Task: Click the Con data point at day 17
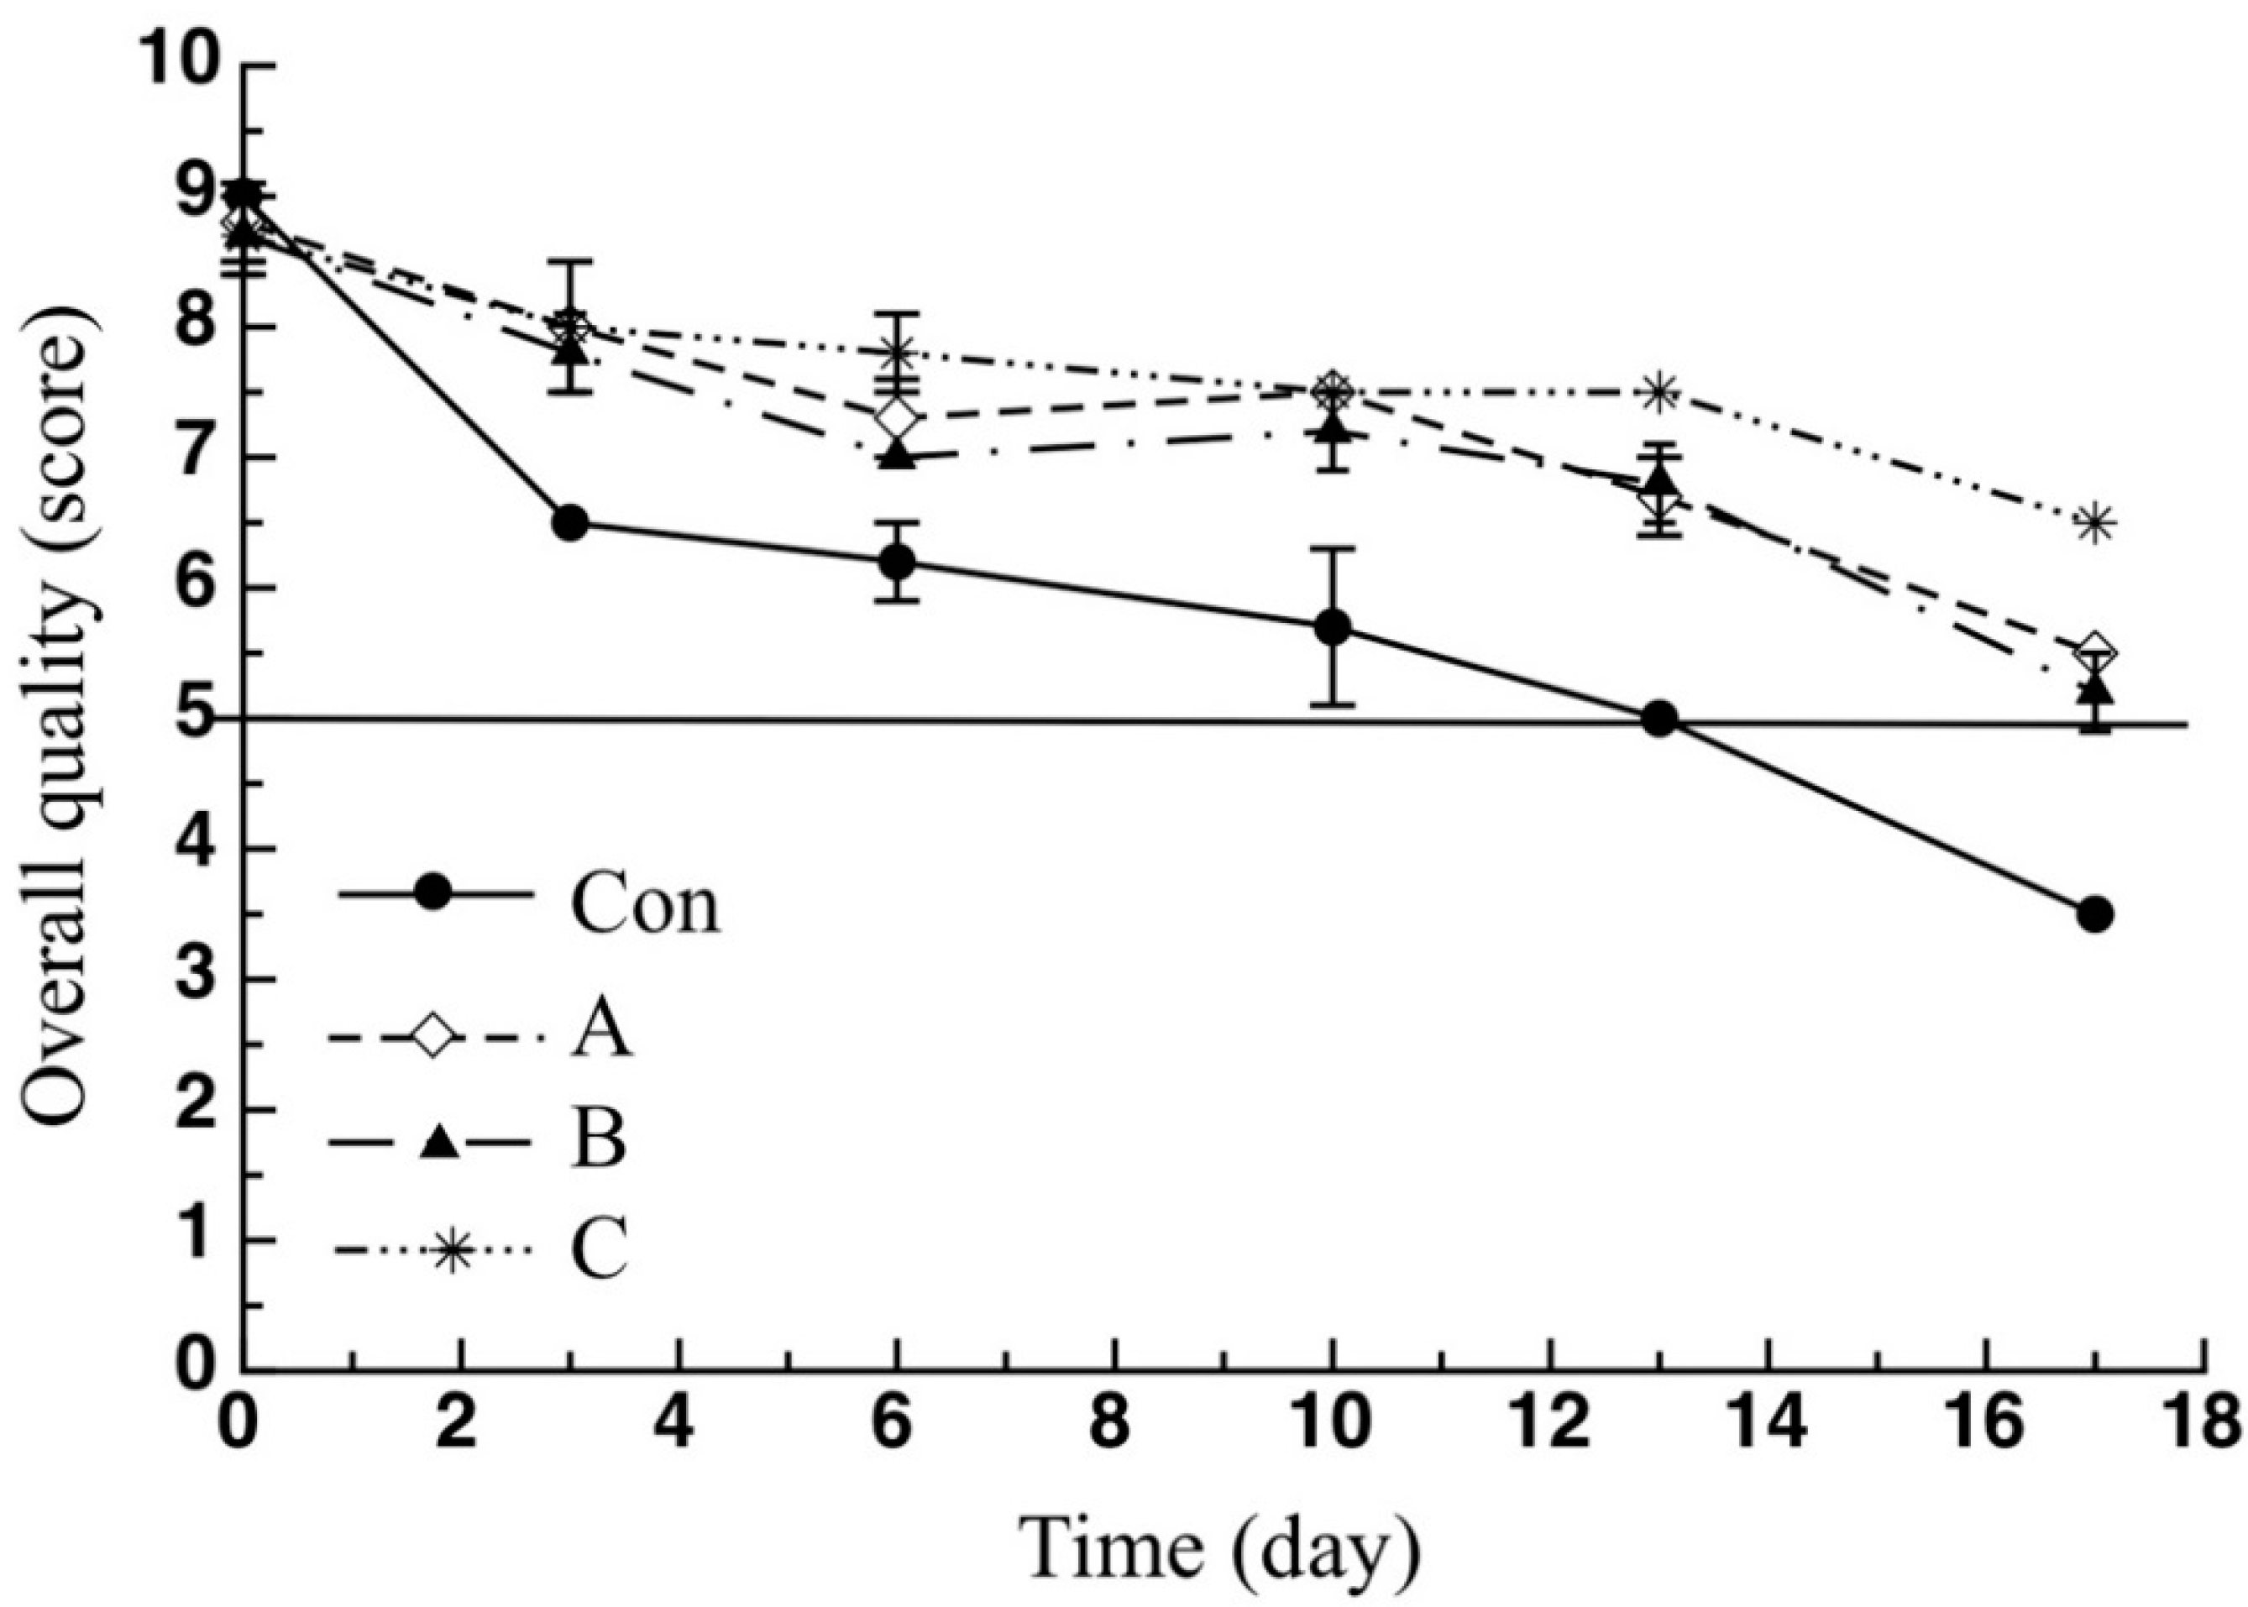coord(2094,914)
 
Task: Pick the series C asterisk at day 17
coord(2094,523)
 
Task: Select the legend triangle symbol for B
coord(439,1143)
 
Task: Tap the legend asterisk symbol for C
coord(451,1252)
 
